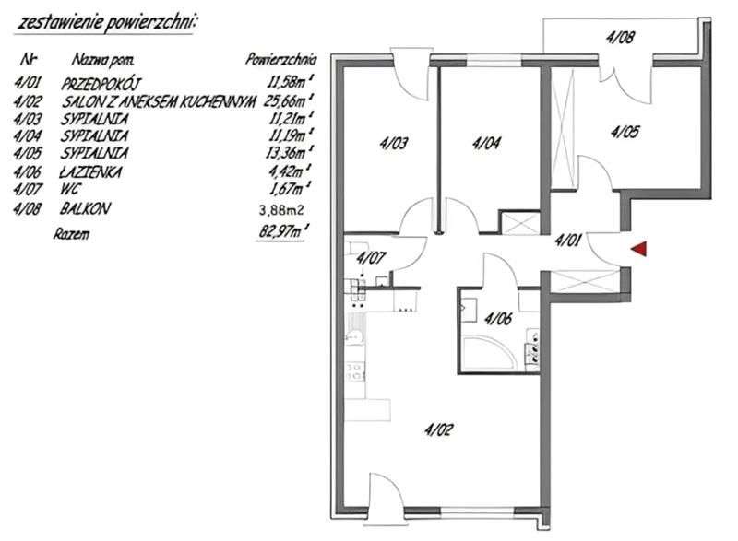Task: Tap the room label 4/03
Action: pyautogui.click(x=394, y=143)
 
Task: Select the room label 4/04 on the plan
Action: pyautogui.click(x=485, y=143)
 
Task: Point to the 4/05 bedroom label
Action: pyautogui.click(x=625, y=132)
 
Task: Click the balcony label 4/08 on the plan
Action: pyautogui.click(x=619, y=39)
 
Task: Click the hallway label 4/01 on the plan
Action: pyautogui.click(x=568, y=242)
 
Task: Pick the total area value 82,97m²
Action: pyautogui.click(x=284, y=234)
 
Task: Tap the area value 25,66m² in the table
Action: pyautogui.click(x=285, y=102)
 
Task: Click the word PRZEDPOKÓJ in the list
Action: pyautogui.click(x=101, y=85)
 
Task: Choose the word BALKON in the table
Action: pyautogui.click(x=86, y=208)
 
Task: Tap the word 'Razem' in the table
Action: pyautogui.click(x=72, y=234)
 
